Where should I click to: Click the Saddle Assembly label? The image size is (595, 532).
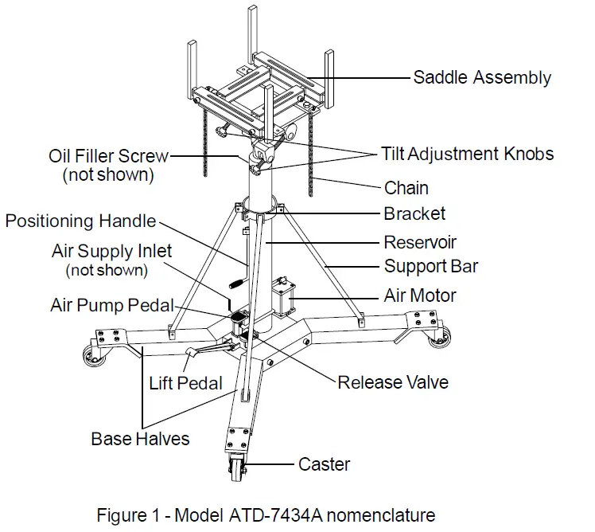481,78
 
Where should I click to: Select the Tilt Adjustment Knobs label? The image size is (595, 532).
467,153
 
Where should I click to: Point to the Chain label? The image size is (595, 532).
406,188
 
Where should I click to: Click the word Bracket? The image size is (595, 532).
414,213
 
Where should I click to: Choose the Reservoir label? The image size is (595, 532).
420,242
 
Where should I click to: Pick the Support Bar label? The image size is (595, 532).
431,266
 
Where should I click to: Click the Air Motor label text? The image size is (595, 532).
420,295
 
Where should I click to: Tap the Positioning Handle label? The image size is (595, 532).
80,221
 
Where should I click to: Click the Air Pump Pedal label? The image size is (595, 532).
111,305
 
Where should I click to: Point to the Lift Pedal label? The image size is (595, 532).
186,383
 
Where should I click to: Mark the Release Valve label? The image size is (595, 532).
392,382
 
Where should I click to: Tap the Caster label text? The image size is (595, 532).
324,464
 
